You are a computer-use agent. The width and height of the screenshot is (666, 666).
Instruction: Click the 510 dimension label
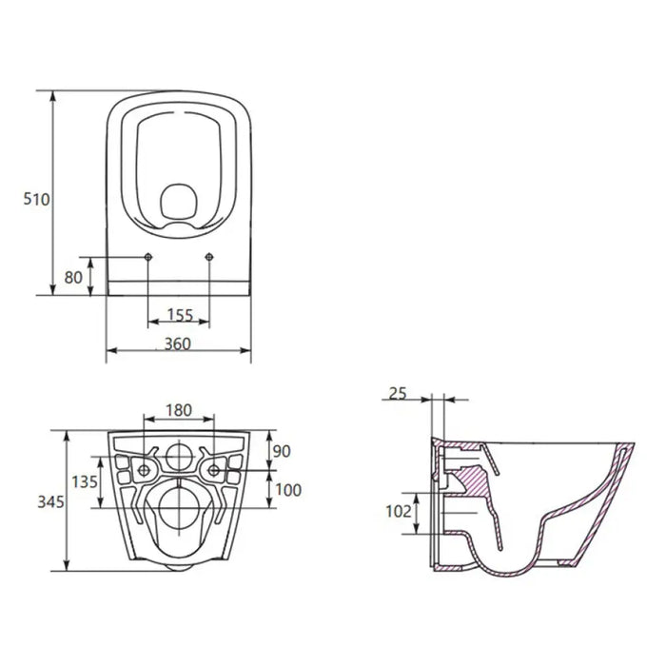[36, 199]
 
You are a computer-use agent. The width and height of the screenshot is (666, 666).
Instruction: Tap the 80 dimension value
[73, 278]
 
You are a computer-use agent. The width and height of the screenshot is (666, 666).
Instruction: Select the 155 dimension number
[180, 315]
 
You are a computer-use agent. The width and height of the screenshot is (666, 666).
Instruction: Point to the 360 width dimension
[178, 343]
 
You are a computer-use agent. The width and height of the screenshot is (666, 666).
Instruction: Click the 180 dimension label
[179, 410]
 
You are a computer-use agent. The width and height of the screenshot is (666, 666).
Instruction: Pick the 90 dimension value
[282, 451]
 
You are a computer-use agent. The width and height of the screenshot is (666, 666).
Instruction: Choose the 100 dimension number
[288, 490]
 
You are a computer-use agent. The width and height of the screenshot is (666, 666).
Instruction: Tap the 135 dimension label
[85, 481]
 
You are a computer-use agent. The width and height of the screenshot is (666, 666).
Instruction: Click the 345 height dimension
[50, 501]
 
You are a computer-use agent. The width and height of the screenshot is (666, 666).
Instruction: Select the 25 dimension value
[398, 394]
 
